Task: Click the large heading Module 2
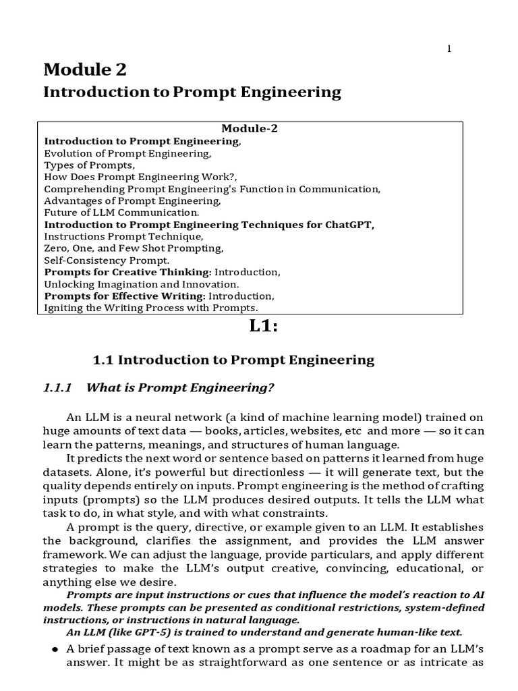pyautogui.click(x=85, y=69)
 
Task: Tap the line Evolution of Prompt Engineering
pyautogui.click(x=128, y=153)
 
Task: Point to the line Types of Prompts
pyautogui.click(x=90, y=165)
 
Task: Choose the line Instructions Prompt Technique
pyautogui.click(x=123, y=236)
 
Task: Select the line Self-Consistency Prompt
pyautogui.click(x=107, y=260)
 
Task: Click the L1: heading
pyautogui.click(x=264, y=326)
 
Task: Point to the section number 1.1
pyautogui.click(x=104, y=360)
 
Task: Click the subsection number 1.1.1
pyautogui.click(x=57, y=387)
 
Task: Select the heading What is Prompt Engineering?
pyautogui.click(x=182, y=387)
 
